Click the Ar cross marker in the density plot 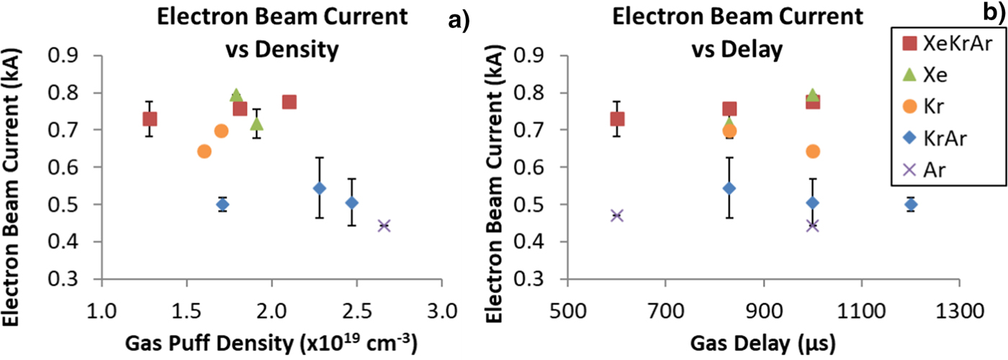(x=384, y=225)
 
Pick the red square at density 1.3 (x=150, y=119)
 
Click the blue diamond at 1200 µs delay (x=911, y=204)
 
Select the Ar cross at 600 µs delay (x=617, y=215)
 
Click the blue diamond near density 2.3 (x=319, y=189)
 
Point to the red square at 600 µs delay (x=617, y=119)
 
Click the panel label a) (x=459, y=22)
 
